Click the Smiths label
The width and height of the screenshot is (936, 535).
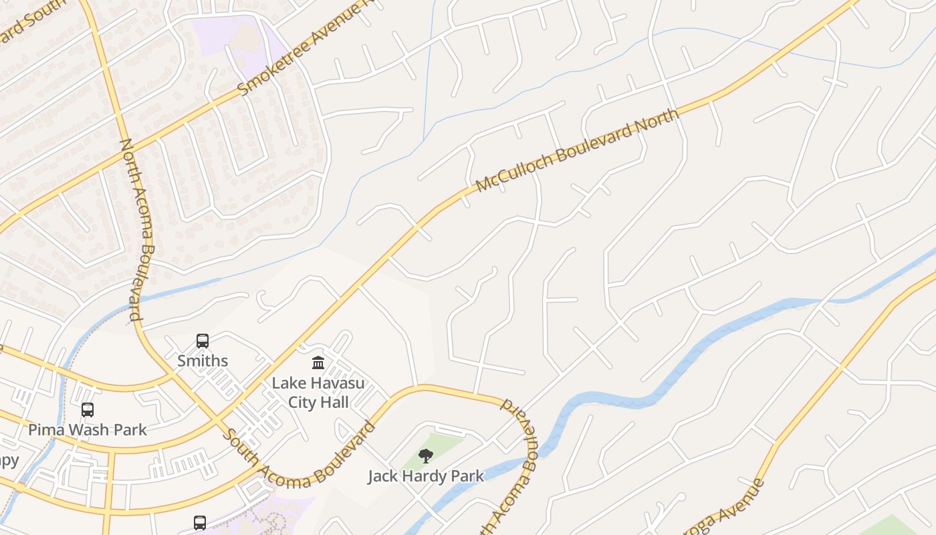click(203, 361)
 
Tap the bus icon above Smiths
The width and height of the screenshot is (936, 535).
click(203, 341)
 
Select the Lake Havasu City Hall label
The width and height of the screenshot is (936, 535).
click(318, 393)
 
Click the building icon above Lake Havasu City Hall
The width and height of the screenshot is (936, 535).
click(318, 363)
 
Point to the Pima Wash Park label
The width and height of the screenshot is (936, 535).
click(87, 429)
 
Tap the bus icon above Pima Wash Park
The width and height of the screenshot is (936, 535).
click(88, 410)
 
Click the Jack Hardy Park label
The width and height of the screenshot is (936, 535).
click(426, 476)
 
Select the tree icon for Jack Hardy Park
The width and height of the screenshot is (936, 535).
click(425, 456)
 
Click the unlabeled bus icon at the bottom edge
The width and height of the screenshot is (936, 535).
click(199, 522)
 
